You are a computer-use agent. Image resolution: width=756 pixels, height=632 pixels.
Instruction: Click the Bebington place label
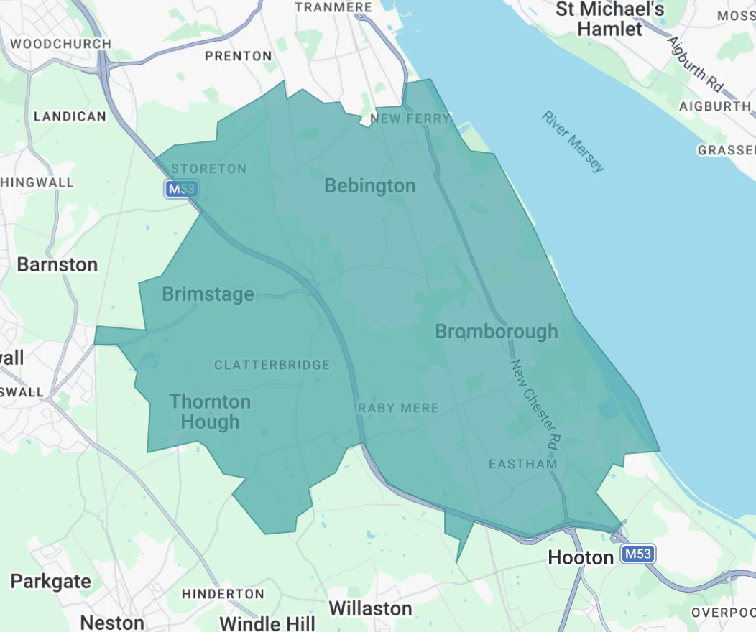pos(370,186)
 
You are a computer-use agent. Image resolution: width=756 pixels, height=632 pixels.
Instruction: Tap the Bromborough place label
pos(497,331)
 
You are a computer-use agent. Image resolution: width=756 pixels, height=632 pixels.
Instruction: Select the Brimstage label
pos(208,294)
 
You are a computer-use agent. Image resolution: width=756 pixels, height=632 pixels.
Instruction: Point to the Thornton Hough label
pos(210,412)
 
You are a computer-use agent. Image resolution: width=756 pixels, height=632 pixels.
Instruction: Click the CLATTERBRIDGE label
pos(272,365)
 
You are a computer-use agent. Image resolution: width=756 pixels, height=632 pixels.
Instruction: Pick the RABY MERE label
pos(398,408)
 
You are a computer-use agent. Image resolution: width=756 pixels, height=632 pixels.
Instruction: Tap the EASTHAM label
pos(522,464)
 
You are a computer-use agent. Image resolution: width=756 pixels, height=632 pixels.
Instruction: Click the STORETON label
pos(208,169)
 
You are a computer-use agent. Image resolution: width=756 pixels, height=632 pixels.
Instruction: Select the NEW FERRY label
pos(410,118)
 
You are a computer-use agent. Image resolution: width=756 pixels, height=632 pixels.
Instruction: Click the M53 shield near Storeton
pos(181,189)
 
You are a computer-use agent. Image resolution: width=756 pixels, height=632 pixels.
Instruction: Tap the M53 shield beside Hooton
pos(638,554)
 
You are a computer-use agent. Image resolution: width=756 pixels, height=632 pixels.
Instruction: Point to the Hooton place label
pos(581,557)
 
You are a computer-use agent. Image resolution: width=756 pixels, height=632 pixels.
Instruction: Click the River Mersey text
pos(573,141)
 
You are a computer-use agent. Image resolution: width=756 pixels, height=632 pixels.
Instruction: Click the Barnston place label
pos(57,265)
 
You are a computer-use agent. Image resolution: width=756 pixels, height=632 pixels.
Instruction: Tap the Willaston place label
pos(370,608)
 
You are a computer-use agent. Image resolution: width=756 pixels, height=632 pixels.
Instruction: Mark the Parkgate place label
pos(51,581)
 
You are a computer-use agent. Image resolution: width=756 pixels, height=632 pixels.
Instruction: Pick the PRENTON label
pos(239,55)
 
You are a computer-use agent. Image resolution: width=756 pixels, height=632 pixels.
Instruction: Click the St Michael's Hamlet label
pos(610,19)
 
